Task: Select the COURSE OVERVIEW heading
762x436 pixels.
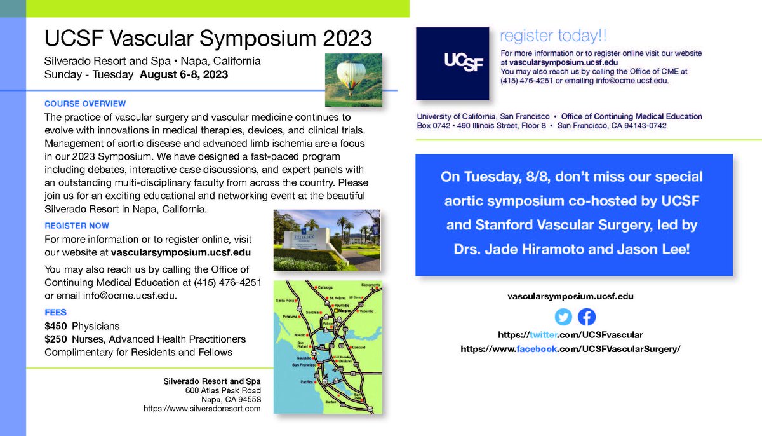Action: pyautogui.click(x=85, y=104)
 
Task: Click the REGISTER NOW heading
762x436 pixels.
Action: pyautogui.click(x=77, y=226)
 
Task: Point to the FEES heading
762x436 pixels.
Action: pyautogui.click(x=56, y=313)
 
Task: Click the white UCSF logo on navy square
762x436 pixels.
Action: pyautogui.click(x=452, y=64)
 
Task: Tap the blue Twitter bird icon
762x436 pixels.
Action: pyautogui.click(x=563, y=317)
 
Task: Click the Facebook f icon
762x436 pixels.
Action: pyautogui.click(x=587, y=317)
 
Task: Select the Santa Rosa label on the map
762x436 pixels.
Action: pyautogui.click(x=284, y=300)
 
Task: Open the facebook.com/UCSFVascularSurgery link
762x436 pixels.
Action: pyautogui.click(x=570, y=349)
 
